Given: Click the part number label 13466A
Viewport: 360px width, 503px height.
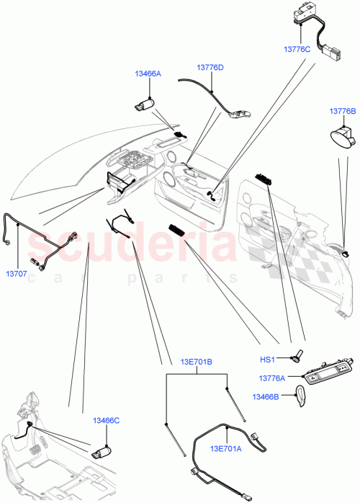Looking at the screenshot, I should (x=147, y=74).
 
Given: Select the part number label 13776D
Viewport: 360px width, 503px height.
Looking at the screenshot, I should (x=210, y=67).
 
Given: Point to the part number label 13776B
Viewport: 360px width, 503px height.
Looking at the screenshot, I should (x=343, y=110).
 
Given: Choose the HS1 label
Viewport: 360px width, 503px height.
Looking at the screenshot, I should (x=269, y=358).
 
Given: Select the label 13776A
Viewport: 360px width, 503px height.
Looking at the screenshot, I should (x=267, y=378).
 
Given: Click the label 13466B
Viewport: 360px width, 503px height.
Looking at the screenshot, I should (x=266, y=396).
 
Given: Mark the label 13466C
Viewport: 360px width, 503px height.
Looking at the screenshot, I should (x=105, y=420).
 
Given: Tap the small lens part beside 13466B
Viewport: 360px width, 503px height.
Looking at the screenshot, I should (x=300, y=393).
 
